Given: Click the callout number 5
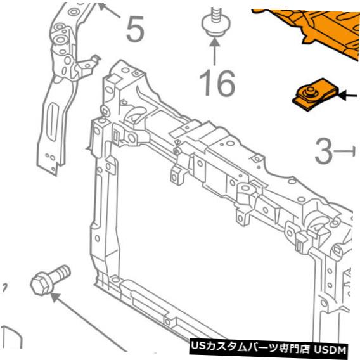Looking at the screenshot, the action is (135, 29).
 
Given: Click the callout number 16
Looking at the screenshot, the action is (217, 83).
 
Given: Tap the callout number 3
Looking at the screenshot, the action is (323, 151).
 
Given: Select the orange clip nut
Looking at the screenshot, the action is (316, 94).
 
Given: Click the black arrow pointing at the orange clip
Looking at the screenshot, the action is (347, 95).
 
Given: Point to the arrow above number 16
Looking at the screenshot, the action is (214, 52).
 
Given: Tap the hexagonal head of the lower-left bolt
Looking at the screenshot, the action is (41, 284).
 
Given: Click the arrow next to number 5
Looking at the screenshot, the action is (108, 10).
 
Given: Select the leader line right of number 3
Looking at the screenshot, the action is (344, 151).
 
